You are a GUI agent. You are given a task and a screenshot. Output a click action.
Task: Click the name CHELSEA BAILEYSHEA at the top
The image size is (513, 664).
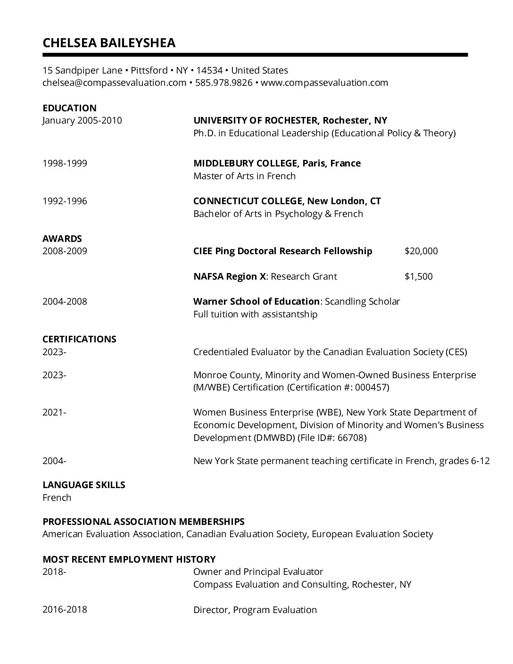pos(109,43)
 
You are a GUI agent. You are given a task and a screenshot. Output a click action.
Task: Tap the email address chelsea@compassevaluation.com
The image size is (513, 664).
pos(114,83)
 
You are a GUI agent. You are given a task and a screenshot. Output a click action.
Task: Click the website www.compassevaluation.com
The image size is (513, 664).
pos(324,83)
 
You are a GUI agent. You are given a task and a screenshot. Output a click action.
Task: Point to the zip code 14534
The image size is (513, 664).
pos(209,70)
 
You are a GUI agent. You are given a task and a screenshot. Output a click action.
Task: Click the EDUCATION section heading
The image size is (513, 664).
pos(69,108)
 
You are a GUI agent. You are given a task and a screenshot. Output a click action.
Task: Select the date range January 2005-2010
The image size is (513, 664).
pos(82,120)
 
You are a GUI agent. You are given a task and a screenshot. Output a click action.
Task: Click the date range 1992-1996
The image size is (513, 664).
pos(65,201)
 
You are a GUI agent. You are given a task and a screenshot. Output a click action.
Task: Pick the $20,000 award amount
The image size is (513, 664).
pos(421,251)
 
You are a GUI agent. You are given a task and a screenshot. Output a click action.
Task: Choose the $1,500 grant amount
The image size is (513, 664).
pos(418,276)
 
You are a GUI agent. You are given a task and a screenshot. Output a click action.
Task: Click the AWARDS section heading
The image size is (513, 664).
pos(62,239)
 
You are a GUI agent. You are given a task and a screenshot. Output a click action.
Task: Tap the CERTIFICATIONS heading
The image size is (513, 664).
pos(79,339)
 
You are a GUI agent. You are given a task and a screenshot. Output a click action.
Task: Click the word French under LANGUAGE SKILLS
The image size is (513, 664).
pos(57,498)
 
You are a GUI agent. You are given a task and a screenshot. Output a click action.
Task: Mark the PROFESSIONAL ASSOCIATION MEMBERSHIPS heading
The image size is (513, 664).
pos(143,522)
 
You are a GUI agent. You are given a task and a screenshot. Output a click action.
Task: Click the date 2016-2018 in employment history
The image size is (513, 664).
pos(65,610)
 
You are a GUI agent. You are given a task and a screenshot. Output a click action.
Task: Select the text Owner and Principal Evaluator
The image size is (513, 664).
pos(258,572)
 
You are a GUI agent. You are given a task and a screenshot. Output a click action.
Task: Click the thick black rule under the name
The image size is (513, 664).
pos(255,55)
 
